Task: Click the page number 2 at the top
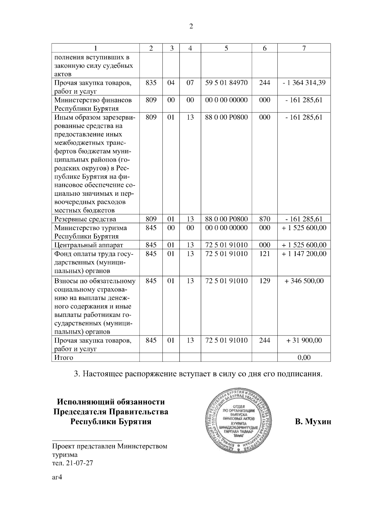191,26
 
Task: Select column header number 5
226,48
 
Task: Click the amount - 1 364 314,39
304,83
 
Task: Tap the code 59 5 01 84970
226,83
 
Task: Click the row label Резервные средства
85,219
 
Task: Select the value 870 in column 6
265,219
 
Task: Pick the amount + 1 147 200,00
304,254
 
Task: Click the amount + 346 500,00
304,281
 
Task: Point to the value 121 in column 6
265,254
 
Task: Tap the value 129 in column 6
265,281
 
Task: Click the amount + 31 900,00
304,340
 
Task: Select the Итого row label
64,358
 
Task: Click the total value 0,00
304,358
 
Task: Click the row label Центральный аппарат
89,245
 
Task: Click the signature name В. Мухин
313,422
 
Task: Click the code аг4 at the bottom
57,477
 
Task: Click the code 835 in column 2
151,83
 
